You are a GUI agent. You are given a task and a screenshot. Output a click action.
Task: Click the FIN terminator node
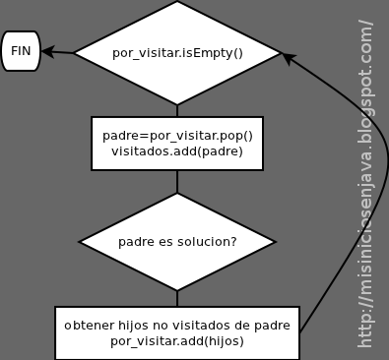(21, 50)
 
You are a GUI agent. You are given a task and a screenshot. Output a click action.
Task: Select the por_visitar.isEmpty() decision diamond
(177, 52)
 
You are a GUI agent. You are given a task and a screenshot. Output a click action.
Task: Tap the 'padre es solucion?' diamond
(177, 241)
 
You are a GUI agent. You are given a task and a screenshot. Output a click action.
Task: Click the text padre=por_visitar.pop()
(177, 135)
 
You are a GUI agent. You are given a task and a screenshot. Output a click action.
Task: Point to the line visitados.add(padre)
(177, 151)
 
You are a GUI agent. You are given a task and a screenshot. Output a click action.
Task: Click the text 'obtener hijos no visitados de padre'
(177, 324)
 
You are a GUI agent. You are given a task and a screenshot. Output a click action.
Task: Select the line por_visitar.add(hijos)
(177, 340)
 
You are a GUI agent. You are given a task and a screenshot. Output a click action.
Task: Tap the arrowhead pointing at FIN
(47, 51)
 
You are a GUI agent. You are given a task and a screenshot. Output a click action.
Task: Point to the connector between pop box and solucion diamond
(177, 181)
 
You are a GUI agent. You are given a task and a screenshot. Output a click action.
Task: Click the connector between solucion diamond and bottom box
(177, 297)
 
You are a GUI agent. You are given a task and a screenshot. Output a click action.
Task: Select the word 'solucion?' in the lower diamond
(205, 241)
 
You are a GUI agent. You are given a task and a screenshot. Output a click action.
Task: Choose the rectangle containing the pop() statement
(177, 144)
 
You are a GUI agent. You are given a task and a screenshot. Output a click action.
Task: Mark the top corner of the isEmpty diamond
(177, 4)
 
